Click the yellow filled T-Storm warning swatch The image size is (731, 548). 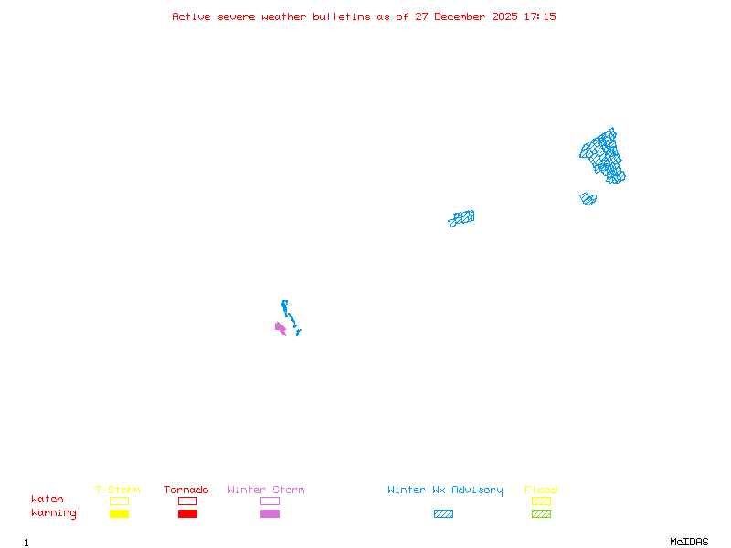tap(119, 514)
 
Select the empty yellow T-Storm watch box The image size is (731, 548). tap(119, 501)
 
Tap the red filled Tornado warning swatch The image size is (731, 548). tap(187, 514)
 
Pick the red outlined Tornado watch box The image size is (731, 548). tap(187, 501)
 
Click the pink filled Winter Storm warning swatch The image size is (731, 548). tap(270, 514)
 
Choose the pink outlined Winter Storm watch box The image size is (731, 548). tap(270, 501)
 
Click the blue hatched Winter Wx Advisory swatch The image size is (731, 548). tap(443, 514)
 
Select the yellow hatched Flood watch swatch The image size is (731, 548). tap(541, 501)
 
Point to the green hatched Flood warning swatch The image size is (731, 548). tap(541, 514)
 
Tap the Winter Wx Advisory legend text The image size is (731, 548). tap(445, 490)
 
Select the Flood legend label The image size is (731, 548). tap(541, 490)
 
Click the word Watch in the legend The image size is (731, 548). tap(48, 500)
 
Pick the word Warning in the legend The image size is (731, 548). tap(54, 513)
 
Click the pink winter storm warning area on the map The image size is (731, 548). tap(281, 328)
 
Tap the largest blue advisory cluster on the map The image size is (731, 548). tap(603, 155)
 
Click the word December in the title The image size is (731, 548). tap(466, 16)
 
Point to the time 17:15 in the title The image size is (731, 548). tap(540, 16)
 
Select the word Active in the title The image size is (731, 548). tap(192, 16)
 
